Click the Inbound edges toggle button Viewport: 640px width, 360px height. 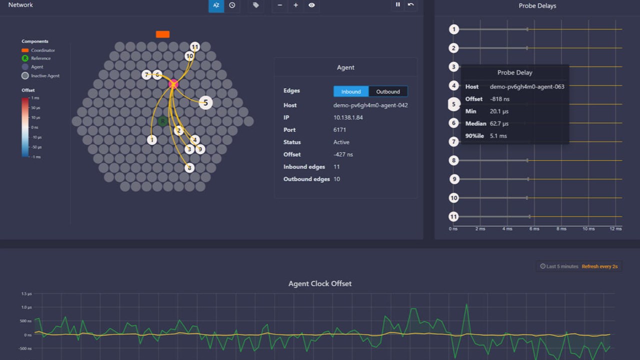(x=351, y=91)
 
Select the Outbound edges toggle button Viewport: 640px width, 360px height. (x=388, y=91)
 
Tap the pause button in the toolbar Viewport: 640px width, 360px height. (x=398, y=5)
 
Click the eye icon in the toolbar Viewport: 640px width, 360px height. (x=311, y=5)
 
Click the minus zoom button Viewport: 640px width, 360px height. (x=280, y=5)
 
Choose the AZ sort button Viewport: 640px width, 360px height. (x=216, y=5)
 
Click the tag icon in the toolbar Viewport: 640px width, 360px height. (x=256, y=5)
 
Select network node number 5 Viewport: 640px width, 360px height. (x=205, y=102)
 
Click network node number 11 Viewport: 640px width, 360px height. (x=195, y=47)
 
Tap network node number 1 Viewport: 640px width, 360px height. (x=152, y=140)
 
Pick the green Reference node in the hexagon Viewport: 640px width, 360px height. (x=162, y=121)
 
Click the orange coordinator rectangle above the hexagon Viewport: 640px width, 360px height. (x=162, y=34)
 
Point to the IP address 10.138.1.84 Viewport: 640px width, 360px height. (x=348, y=117)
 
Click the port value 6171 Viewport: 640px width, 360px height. (x=340, y=130)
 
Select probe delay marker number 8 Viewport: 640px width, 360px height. (x=453, y=160)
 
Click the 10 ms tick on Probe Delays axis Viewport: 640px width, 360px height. (x=588, y=228)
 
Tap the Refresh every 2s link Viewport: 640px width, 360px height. (x=599, y=266)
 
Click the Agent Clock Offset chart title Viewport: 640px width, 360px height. (x=320, y=283)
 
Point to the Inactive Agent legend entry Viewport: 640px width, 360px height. (x=45, y=76)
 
